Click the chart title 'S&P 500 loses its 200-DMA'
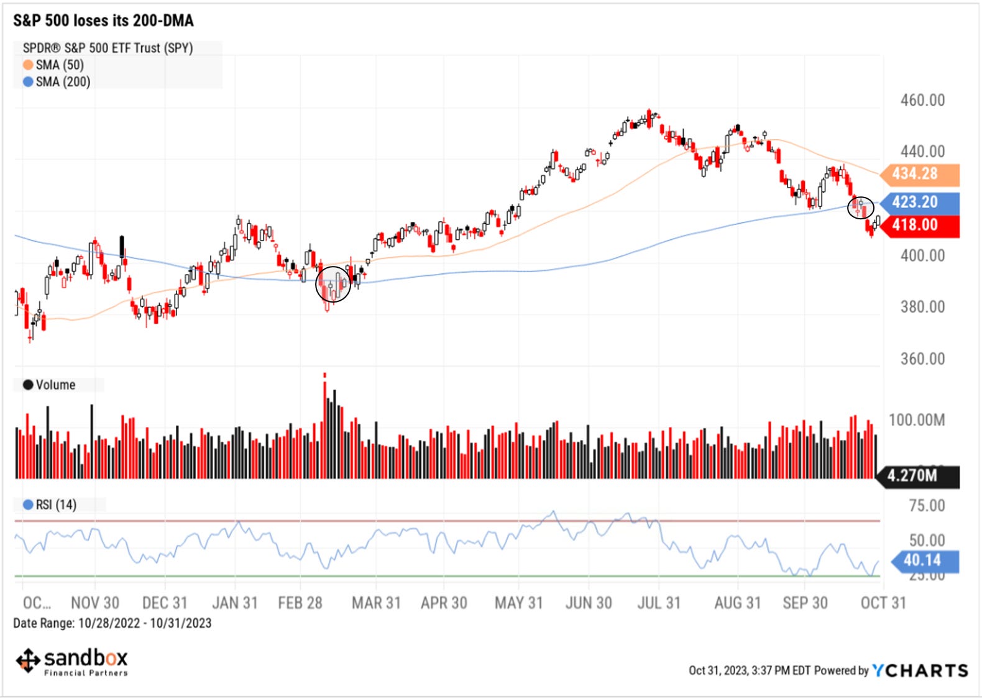click(x=103, y=21)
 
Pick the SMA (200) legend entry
click(x=57, y=82)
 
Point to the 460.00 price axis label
click(x=922, y=100)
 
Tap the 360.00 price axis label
click(x=922, y=359)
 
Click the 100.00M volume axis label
click(x=916, y=420)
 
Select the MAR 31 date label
click(x=376, y=603)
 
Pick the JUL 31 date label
click(x=659, y=603)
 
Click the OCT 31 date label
click(x=883, y=603)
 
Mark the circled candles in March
click(x=333, y=285)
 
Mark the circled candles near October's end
click(x=861, y=208)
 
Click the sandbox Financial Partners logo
click(x=72, y=662)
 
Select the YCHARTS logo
click(x=920, y=670)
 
